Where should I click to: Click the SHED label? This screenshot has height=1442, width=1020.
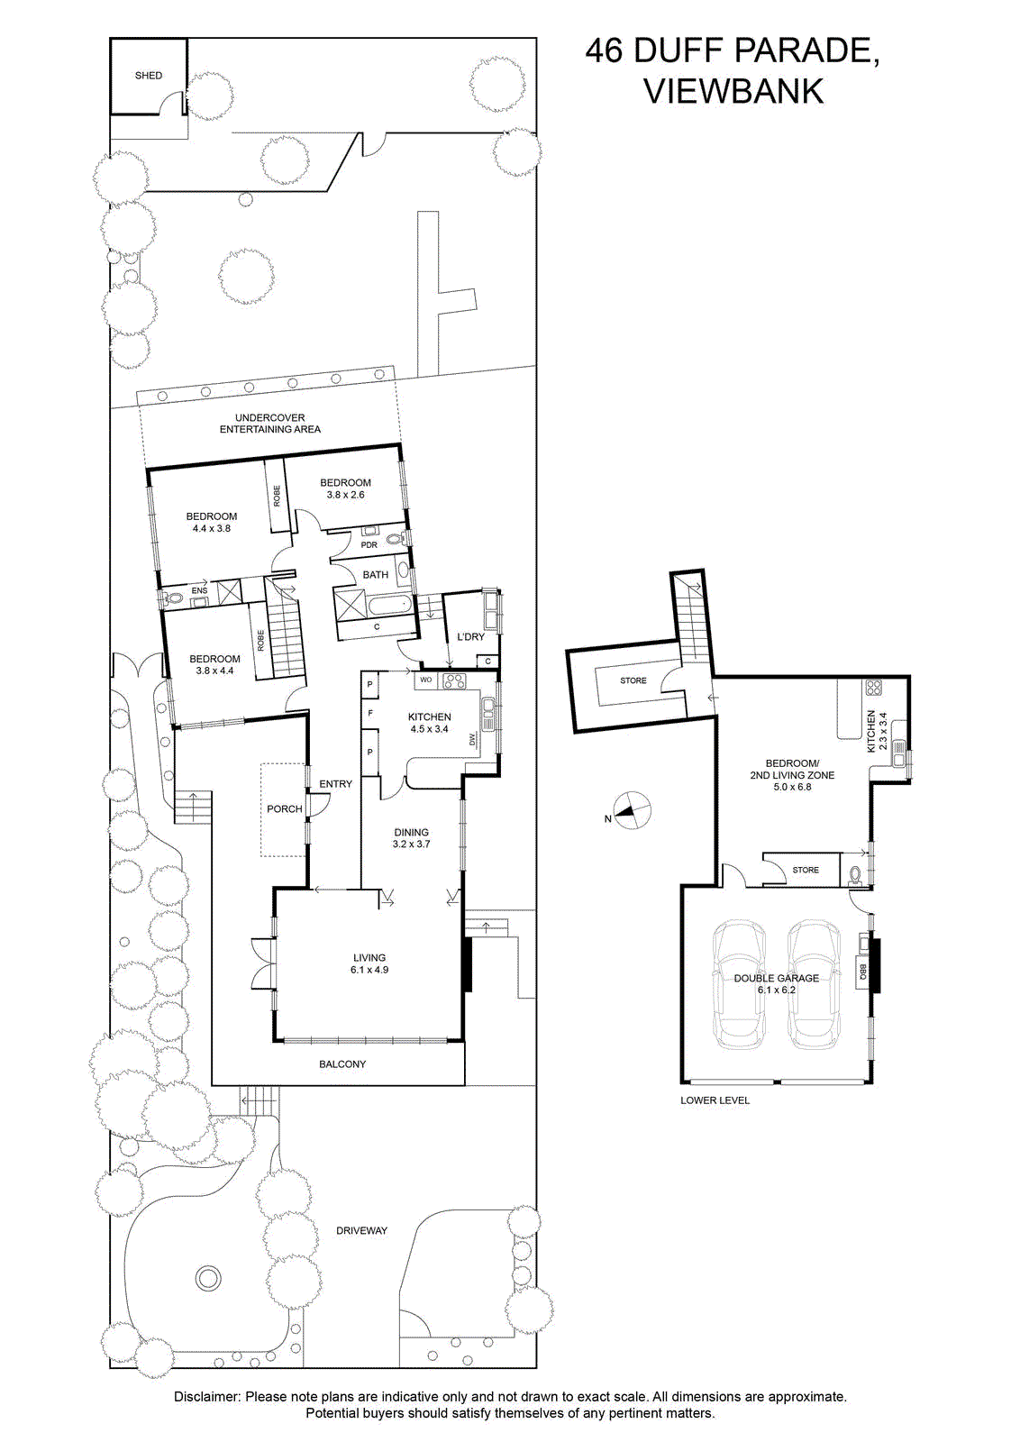[x=148, y=76]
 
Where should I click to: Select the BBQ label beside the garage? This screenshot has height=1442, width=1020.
[x=861, y=972]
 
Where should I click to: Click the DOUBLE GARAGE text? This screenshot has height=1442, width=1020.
[x=776, y=978]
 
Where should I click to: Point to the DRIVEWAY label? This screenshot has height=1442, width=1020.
[x=361, y=1230]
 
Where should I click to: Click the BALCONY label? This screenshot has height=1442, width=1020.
[x=342, y=1064]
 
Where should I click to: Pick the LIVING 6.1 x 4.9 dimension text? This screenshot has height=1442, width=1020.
[x=369, y=963]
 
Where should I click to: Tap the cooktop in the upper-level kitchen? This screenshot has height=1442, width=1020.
[x=452, y=680]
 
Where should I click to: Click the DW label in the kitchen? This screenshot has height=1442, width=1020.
[x=474, y=741]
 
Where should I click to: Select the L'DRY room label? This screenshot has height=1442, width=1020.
[x=469, y=636]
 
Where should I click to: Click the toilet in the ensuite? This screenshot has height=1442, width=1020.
[x=172, y=599]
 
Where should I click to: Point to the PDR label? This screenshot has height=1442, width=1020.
[x=369, y=544]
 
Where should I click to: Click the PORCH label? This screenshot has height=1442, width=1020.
[x=285, y=808]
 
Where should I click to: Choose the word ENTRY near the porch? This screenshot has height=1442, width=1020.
[x=335, y=783]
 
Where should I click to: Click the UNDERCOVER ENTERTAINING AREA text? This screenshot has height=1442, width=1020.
[x=269, y=423]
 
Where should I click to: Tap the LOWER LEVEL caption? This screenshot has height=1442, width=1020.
[x=715, y=1100]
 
